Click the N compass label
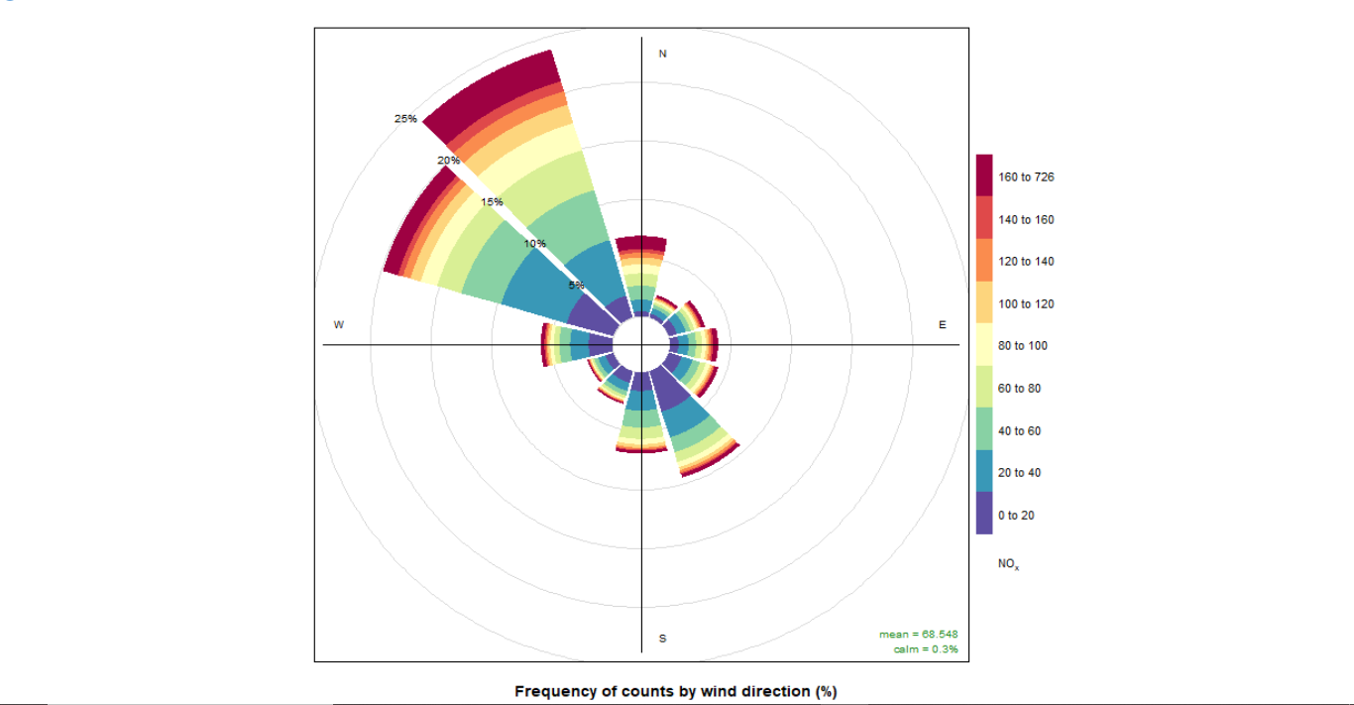663,54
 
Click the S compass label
663,639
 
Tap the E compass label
943,325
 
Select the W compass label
339,325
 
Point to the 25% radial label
405,119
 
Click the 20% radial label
448,161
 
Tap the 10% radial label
535,244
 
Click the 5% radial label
576,286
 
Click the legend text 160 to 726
1026,177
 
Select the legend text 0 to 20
1016,516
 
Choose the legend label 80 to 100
1022,346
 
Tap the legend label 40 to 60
1019,431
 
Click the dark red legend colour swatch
984,176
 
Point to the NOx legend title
1008,564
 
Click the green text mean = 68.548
918,635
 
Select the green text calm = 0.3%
925,649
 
